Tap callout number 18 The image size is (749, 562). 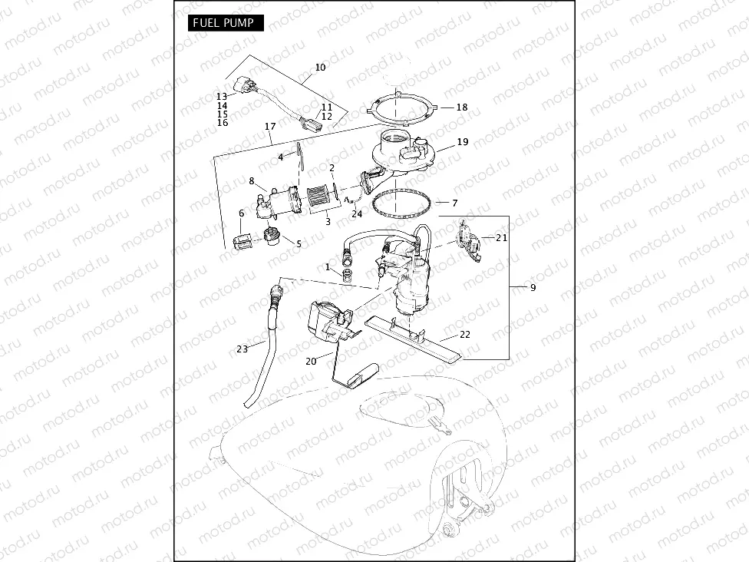[x=461, y=107]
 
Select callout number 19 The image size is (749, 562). [x=462, y=142]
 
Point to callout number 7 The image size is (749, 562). [x=454, y=203]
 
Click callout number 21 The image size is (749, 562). [x=501, y=238]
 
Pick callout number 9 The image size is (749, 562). [x=533, y=288]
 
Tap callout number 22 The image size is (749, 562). [x=465, y=334]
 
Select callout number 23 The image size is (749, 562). [x=243, y=349]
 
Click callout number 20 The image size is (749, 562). [x=311, y=361]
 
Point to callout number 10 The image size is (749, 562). [x=320, y=68]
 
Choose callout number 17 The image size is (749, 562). [x=269, y=126]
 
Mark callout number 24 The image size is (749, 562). [x=356, y=214]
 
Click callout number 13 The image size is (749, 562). [x=222, y=97]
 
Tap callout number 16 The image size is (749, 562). [x=222, y=123]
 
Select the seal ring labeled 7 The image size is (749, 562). [x=400, y=204]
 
